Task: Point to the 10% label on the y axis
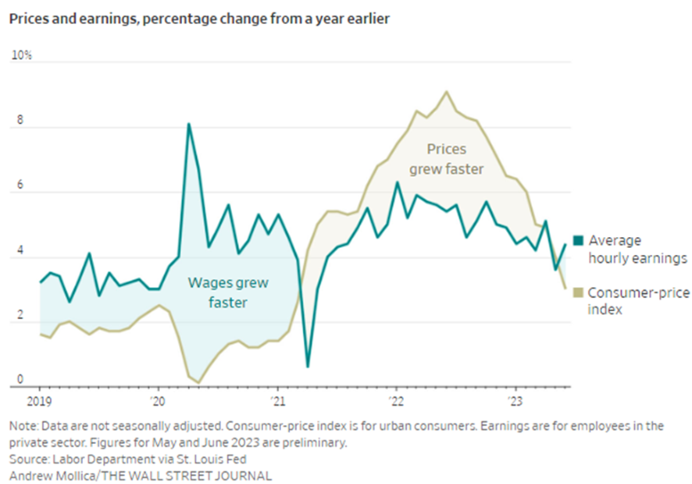(21, 55)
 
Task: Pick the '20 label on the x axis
(158, 401)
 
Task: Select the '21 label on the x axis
(276, 401)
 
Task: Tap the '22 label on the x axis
(396, 401)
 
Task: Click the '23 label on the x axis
(515, 401)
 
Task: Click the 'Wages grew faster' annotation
(229, 292)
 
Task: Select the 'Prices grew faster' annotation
(454, 159)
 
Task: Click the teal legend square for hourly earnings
(578, 240)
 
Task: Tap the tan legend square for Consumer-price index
(578, 292)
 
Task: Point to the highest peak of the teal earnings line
(189, 123)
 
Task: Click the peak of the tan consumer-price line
(447, 91)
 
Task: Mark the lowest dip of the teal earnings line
(308, 366)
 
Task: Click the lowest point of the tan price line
(198, 382)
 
